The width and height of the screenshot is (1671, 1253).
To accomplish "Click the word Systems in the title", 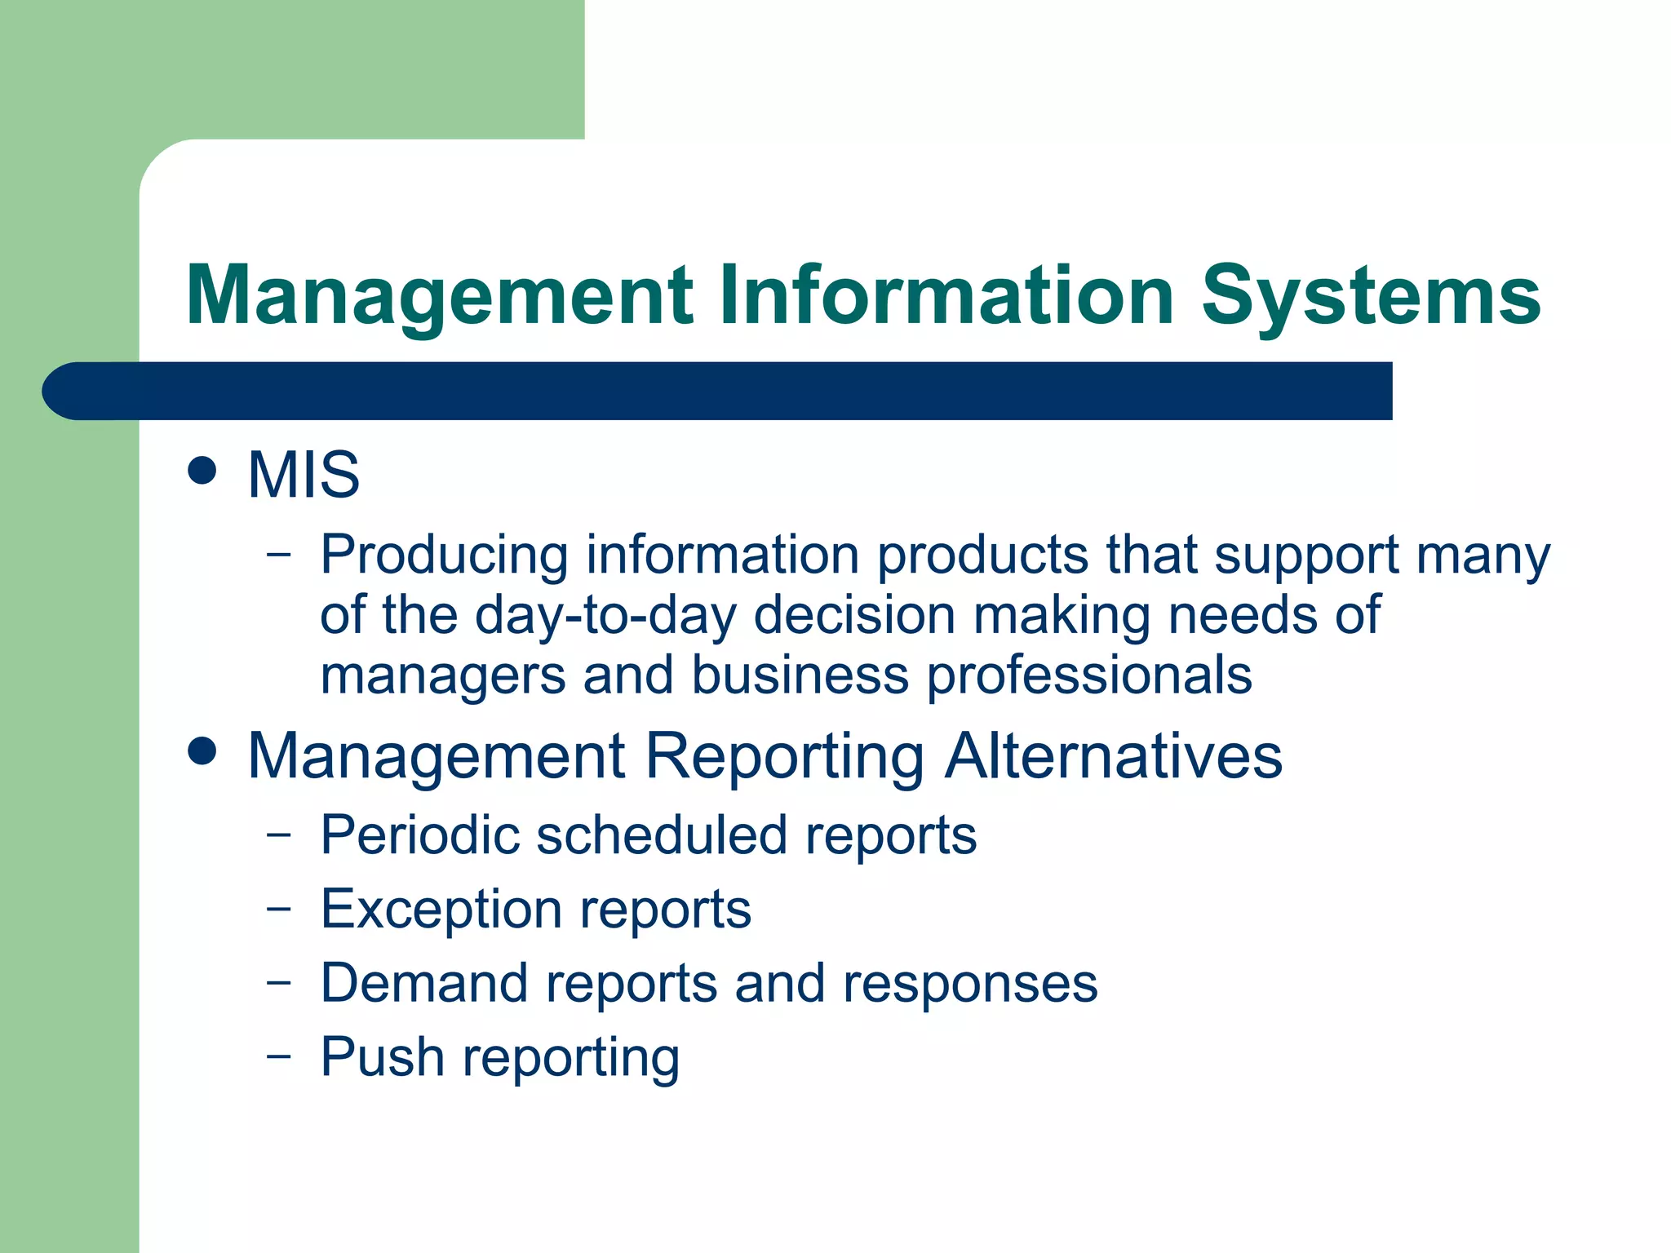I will pos(1371,295).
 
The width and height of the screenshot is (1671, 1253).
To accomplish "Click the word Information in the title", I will pos(946,295).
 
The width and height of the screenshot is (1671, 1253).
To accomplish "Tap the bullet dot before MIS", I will pos(202,471).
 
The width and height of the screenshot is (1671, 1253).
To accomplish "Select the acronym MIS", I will pos(304,475).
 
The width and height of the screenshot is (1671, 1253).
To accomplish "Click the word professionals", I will pos(1089,677).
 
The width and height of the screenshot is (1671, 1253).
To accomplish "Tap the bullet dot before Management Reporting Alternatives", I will pos(202,751).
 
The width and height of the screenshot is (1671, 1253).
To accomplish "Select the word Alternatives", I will pos(1114,756).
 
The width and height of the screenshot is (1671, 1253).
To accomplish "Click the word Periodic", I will pos(419,835).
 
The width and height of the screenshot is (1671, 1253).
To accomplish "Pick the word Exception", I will pos(441,910).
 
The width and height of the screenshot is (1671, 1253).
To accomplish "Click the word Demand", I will pos(424,983).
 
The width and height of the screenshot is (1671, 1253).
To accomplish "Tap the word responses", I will pos(970,983).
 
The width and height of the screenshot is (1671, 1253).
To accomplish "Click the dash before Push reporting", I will pos(278,1056).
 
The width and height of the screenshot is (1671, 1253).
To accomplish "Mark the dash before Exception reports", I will pos(278,908).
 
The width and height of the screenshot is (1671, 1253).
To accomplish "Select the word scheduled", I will pos(662,835).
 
